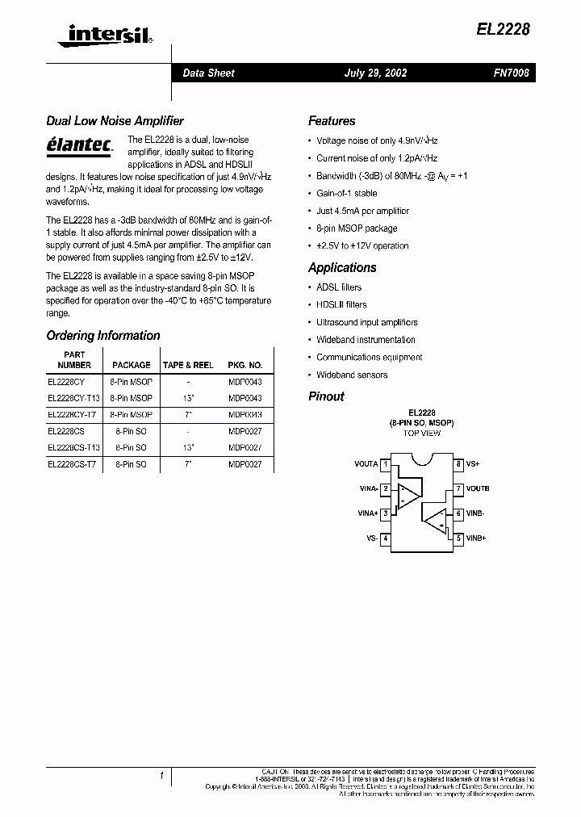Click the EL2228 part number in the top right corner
pyautogui.click(x=502, y=29)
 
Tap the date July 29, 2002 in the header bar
pyautogui.click(x=375, y=73)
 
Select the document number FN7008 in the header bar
pyautogui.click(x=511, y=73)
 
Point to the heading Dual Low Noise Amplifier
pyautogui.click(x=115, y=121)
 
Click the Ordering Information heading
pyautogui.click(x=103, y=336)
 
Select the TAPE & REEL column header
pyautogui.click(x=188, y=365)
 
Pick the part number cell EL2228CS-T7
pyautogui.click(x=72, y=465)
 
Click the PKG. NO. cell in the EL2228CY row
pyautogui.click(x=245, y=381)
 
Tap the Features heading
pyautogui.click(x=332, y=121)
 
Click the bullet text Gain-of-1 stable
pyautogui.click(x=346, y=194)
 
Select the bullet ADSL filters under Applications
pyautogui.click(x=339, y=287)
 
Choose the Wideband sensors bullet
pyautogui.click(x=352, y=375)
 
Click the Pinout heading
pyautogui.click(x=326, y=396)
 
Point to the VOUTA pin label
pyautogui.click(x=366, y=464)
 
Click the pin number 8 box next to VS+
pyautogui.click(x=458, y=464)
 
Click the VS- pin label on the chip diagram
pyautogui.click(x=371, y=538)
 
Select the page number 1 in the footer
pyautogui.click(x=161, y=777)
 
